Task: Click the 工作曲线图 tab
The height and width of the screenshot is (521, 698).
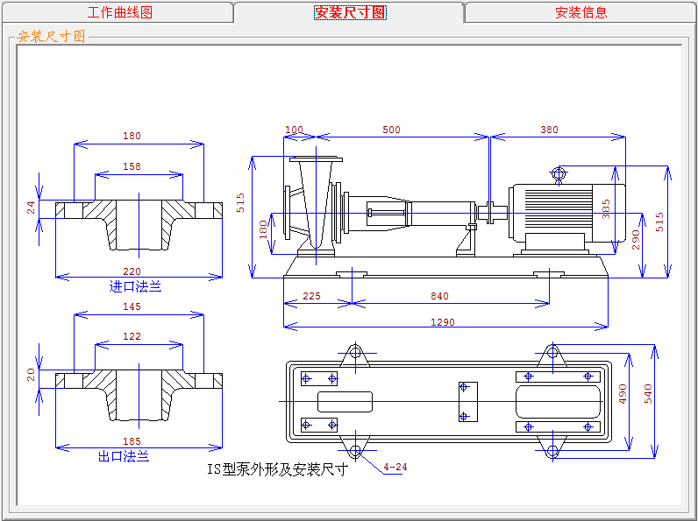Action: pyautogui.click(x=120, y=13)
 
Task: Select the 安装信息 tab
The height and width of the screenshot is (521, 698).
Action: pyautogui.click(x=580, y=13)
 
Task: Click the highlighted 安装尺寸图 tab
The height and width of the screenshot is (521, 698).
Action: pyautogui.click(x=350, y=13)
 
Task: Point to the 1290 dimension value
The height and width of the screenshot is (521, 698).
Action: pyautogui.click(x=443, y=322)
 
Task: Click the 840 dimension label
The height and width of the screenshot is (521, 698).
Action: pyautogui.click(x=439, y=296)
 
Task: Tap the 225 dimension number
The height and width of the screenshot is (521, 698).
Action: pyautogui.click(x=311, y=296)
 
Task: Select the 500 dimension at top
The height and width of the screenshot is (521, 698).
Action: pyautogui.click(x=391, y=130)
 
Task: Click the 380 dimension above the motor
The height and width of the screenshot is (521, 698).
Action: pyautogui.click(x=549, y=130)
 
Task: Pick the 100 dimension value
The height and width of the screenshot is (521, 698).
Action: pyautogui.click(x=294, y=130)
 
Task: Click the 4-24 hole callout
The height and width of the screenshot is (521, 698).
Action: pyautogui.click(x=395, y=467)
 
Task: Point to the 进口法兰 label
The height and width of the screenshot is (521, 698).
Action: pyautogui.click(x=135, y=286)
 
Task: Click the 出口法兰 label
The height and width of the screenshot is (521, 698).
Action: pyautogui.click(x=124, y=456)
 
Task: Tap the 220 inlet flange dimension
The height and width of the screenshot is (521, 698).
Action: pyautogui.click(x=132, y=271)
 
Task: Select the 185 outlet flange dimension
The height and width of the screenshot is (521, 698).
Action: pyautogui.click(x=132, y=441)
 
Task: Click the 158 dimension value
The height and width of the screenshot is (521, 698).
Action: pyautogui.click(x=132, y=166)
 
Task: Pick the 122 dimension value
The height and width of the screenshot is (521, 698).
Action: pyautogui.click(x=132, y=336)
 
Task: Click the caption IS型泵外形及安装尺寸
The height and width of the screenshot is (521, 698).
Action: pyautogui.click(x=277, y=469)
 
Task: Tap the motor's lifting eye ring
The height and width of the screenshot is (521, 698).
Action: pyautogui.click(x=558, y=173)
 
